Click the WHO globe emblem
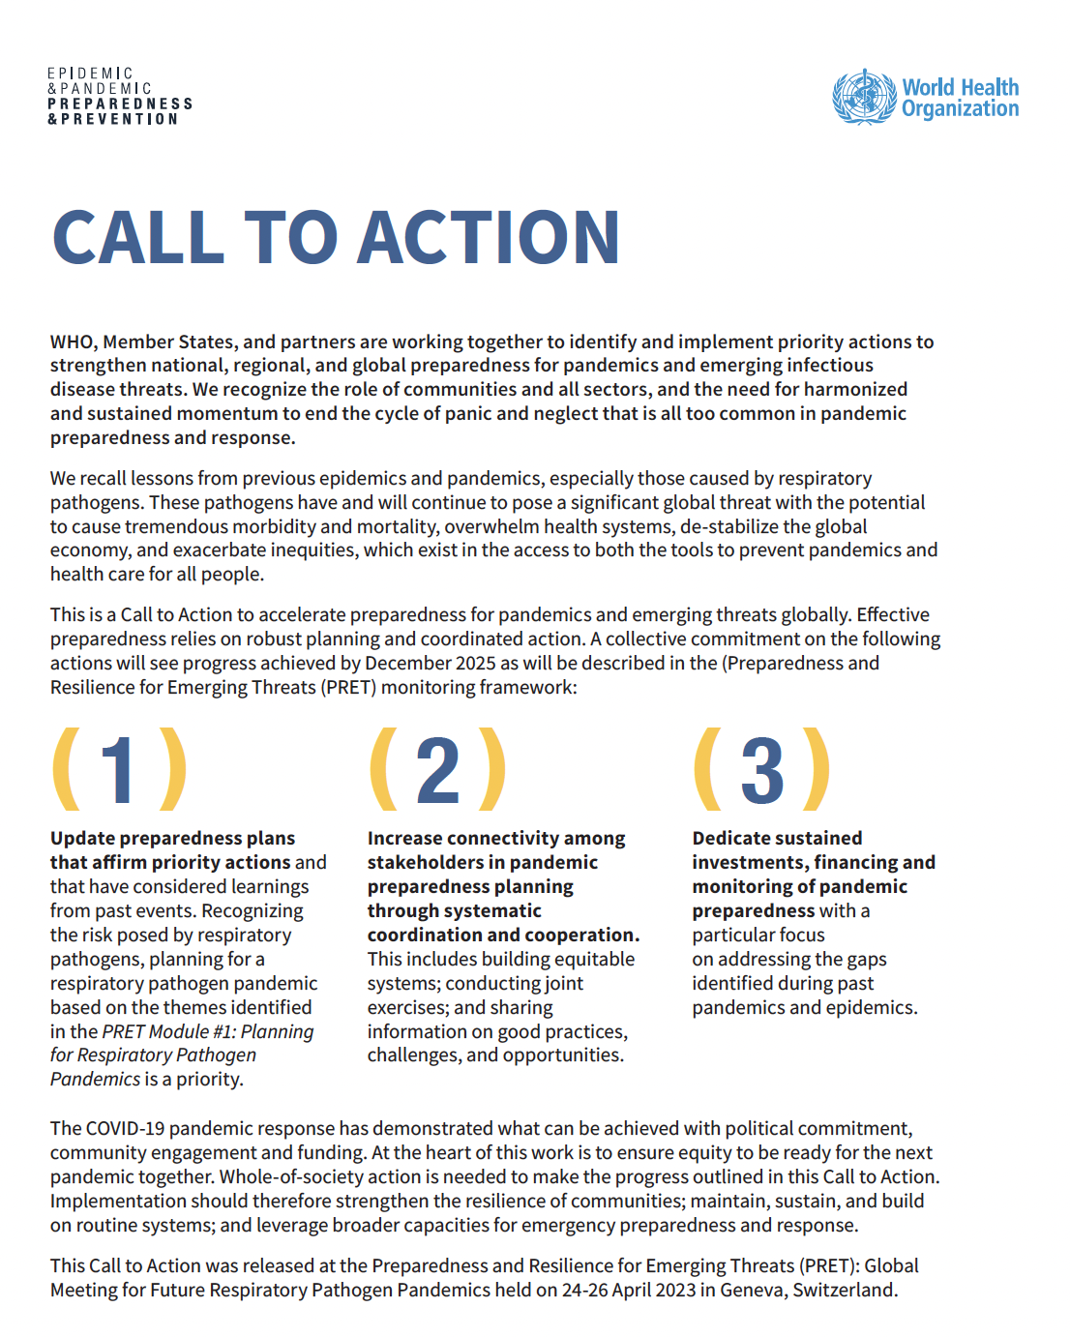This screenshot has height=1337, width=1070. coord(864,97)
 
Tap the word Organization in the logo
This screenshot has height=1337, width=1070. coord(960,109)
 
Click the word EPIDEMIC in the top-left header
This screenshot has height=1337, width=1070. coord(90,74)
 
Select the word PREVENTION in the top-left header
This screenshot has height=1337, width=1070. coord(119,119)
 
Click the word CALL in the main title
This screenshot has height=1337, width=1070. coord(138,238)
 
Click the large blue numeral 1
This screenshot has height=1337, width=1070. coord(119,770)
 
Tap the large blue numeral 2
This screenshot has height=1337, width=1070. coord(438,770)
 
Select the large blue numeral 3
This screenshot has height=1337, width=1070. coord(762,770)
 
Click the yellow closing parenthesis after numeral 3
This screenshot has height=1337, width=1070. coord(817,770)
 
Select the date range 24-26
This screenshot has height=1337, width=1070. coord(589,1291)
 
